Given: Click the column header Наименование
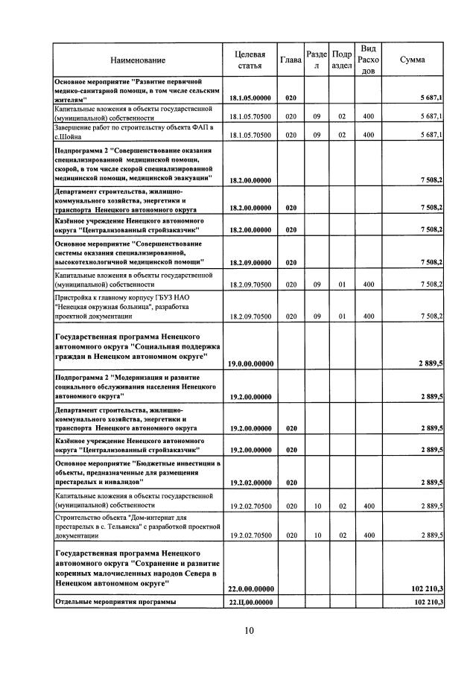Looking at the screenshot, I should (138, 60).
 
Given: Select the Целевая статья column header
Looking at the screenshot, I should (250, 60).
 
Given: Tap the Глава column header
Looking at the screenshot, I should (291, 60).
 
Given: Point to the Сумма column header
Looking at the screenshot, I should (413, 60).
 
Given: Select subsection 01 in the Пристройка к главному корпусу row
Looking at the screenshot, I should (343, 317).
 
